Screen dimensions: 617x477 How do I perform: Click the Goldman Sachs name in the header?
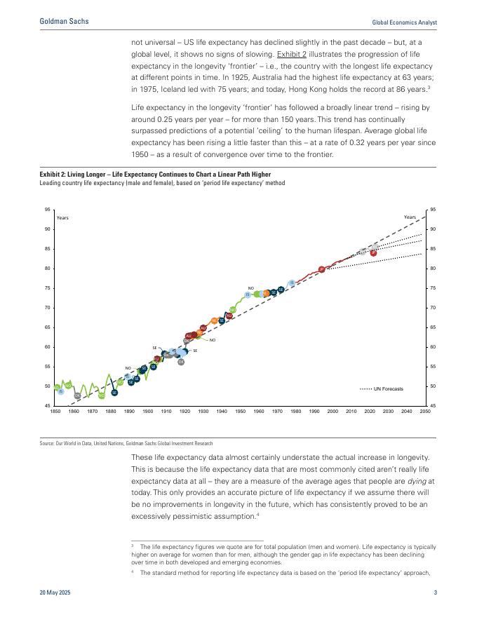(x=64, y=22)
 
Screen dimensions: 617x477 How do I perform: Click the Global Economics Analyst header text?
(x=404, y=22)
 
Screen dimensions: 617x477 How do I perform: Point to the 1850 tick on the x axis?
(x=55, y=412)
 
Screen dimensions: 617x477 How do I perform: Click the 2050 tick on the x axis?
(x=425, y=412)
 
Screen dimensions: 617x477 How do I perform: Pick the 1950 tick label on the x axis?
(x=240, y=412)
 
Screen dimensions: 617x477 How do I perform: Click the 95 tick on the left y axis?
(x=47, y=210)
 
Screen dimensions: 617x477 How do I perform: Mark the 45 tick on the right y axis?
(x=434, y=406)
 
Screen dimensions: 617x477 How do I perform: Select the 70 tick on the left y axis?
(x=47, y=308)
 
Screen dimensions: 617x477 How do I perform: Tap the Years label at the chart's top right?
(x=410, y=217)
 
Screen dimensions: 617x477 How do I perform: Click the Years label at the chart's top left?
(x=62, y=218)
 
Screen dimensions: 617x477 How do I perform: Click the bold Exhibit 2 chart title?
(x=155, y=175)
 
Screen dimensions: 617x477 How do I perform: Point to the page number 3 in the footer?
(x=435, y=593)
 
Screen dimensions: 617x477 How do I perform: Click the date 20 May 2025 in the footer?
(x=55, y=593)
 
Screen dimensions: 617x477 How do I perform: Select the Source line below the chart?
(x=126, y=443)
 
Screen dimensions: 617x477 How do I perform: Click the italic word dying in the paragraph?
(x=417, y=482)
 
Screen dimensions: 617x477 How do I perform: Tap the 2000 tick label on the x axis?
(x=332, y=412)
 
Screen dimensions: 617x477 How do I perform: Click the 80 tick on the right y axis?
(x=434, y=269)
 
